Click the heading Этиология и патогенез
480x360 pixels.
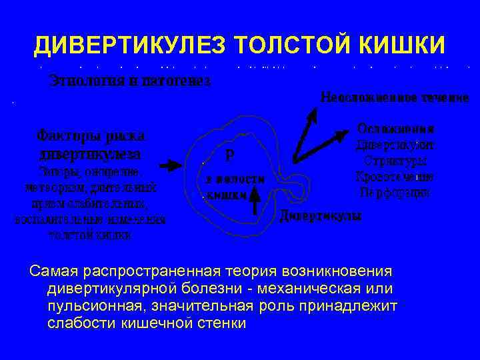click(x=131, y=82)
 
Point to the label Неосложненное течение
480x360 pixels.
click(x=395, y=97)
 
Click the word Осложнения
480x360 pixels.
click(x=396, y=128)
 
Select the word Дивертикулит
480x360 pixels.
click(x=396, y=144)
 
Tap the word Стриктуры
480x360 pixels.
click(x=396, y=161)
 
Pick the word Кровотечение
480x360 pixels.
click(x=396, y=177)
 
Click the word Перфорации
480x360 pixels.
click(x=396, y=193)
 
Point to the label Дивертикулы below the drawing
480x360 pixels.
click(x=320, y=217)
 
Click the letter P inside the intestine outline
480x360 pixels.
click(x=230, y=155)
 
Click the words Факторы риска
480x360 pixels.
click(x=90, y=135)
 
